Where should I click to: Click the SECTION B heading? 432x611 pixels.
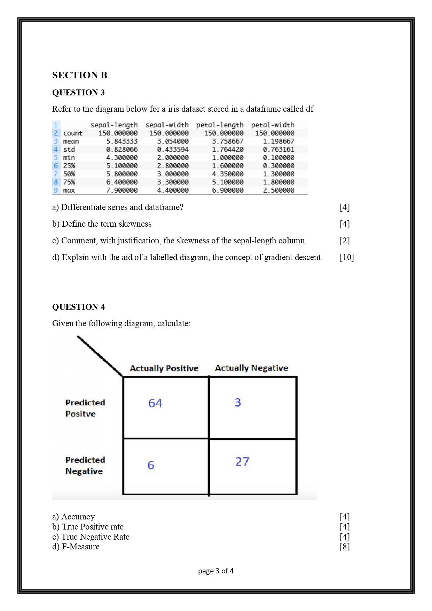click(80, 75)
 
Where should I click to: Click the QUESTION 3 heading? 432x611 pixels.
click(78, 93)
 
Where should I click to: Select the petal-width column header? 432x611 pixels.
click(273, 125)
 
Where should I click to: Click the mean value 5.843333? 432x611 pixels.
click(122, 141)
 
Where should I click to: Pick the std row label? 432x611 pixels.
click(69, 149)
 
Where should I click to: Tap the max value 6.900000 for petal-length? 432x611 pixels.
click(228, 190)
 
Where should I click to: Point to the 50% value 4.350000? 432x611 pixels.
click(228, 174)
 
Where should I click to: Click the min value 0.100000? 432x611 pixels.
click(278, 158)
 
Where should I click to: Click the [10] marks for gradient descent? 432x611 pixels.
click(346, 257)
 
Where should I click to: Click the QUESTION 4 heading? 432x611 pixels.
click(78, 307)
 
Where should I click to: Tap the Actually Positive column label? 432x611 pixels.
click(164, 368)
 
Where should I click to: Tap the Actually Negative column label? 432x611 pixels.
click(251, 368)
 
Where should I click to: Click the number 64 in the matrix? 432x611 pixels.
click(155, 403)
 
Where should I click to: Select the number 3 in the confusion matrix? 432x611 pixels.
click(238, 402)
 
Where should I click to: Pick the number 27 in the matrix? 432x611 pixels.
click(242, 462)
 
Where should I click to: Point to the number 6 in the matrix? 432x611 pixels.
click(151, 465)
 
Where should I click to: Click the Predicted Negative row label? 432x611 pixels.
click(85, 465)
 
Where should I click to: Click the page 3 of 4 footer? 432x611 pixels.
click(216, 571)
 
